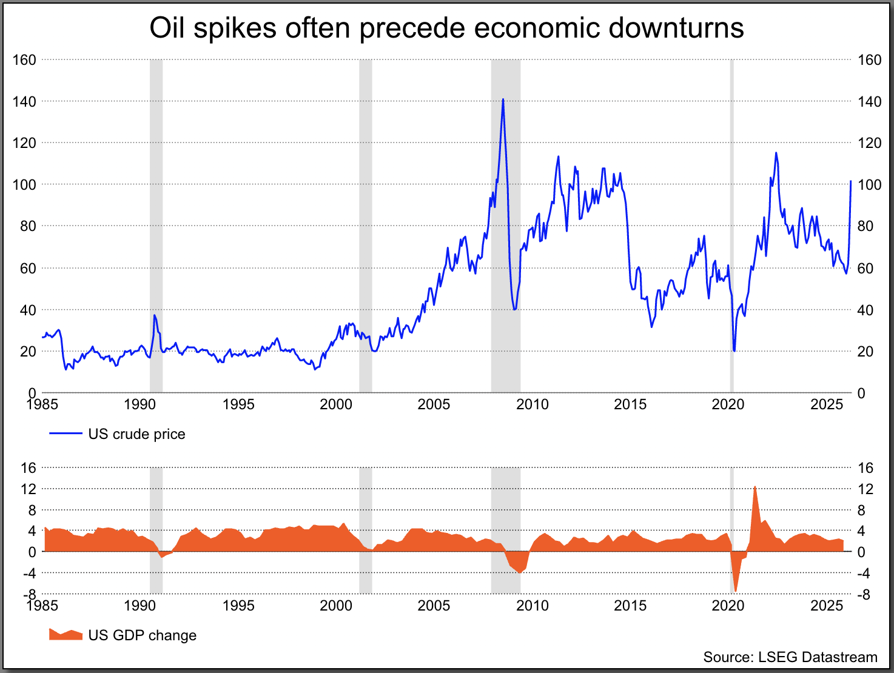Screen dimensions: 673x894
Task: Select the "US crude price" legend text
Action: point(136,434)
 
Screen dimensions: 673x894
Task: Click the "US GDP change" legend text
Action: point(143,635)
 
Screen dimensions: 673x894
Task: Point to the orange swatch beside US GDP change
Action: point(66,635)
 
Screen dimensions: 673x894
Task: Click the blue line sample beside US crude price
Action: point(66,434)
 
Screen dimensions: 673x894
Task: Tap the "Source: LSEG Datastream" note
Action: point(790,657)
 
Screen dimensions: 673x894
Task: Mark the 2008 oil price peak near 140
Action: point(503,99)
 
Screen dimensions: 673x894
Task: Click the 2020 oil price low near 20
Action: point(734,350)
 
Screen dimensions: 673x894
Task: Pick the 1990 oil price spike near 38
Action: point(155,315)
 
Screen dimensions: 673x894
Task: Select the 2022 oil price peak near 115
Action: point(776,153)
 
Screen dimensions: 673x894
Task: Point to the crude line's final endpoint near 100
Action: point(851,181)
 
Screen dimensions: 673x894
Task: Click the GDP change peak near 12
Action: point(755,486)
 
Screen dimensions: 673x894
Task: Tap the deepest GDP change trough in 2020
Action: point(736,591)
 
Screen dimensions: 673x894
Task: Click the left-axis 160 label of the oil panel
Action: point(24,59)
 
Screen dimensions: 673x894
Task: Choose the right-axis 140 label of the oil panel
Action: point(870,101)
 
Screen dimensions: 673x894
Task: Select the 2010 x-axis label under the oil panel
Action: point(532,404)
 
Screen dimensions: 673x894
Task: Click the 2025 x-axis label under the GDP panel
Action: point(826,606)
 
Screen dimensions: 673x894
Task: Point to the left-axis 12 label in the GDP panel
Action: point(29,489)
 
